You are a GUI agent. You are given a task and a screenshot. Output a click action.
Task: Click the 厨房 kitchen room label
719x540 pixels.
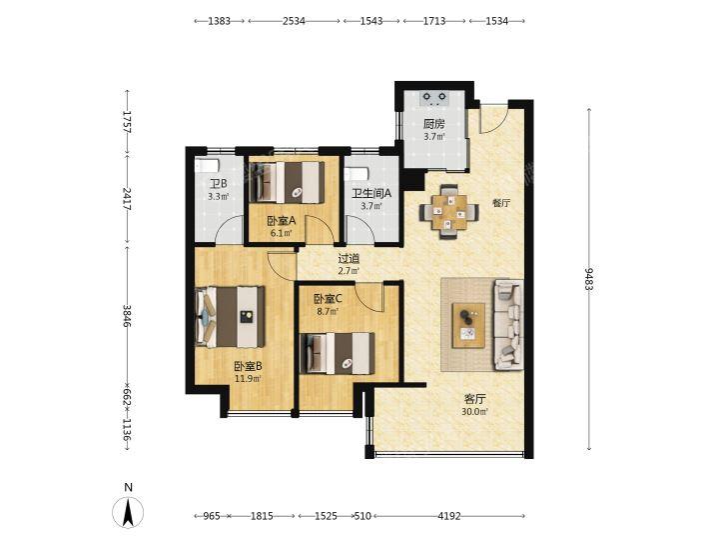tap(433, 124)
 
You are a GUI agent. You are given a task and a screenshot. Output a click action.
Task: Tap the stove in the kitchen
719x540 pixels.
tap(434, 97)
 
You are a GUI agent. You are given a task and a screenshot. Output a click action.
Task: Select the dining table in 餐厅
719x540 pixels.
tap(449, 212)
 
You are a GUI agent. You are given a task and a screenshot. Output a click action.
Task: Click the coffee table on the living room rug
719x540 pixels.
tap(468, 326)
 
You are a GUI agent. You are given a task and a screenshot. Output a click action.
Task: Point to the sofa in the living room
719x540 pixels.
tap(508, 325)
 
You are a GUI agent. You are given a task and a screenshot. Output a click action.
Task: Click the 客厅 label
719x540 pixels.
tap(474, 399)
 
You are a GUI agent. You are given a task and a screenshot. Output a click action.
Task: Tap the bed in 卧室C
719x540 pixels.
tap(338, 353)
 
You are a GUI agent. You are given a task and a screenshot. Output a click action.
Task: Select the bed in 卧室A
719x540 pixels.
tap(287, 182)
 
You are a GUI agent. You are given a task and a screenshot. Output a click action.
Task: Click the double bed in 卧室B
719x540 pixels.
tap(231, 317)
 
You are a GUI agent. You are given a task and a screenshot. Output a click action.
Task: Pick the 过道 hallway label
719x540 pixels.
tap(349, 259)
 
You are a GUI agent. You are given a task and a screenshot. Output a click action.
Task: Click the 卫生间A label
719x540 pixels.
tap(371, 194)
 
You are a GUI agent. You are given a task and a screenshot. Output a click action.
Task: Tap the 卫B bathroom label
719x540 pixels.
tap(219, 184)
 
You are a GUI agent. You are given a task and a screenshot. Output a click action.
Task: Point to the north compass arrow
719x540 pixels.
tap(129, 512)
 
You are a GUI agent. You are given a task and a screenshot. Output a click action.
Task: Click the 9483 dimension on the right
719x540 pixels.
tap(589, 279)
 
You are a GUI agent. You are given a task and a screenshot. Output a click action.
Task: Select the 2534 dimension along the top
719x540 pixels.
tap(294, 21)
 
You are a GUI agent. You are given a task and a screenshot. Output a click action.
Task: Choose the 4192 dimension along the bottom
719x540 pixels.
tap(449, 516)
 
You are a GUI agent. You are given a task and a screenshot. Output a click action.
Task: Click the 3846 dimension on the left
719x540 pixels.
tap(128, 316)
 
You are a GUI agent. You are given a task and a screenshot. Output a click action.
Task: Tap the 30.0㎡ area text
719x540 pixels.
tap(474, 411)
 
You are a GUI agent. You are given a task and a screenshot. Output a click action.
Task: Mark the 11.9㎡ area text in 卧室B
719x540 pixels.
tap(248, 379)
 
